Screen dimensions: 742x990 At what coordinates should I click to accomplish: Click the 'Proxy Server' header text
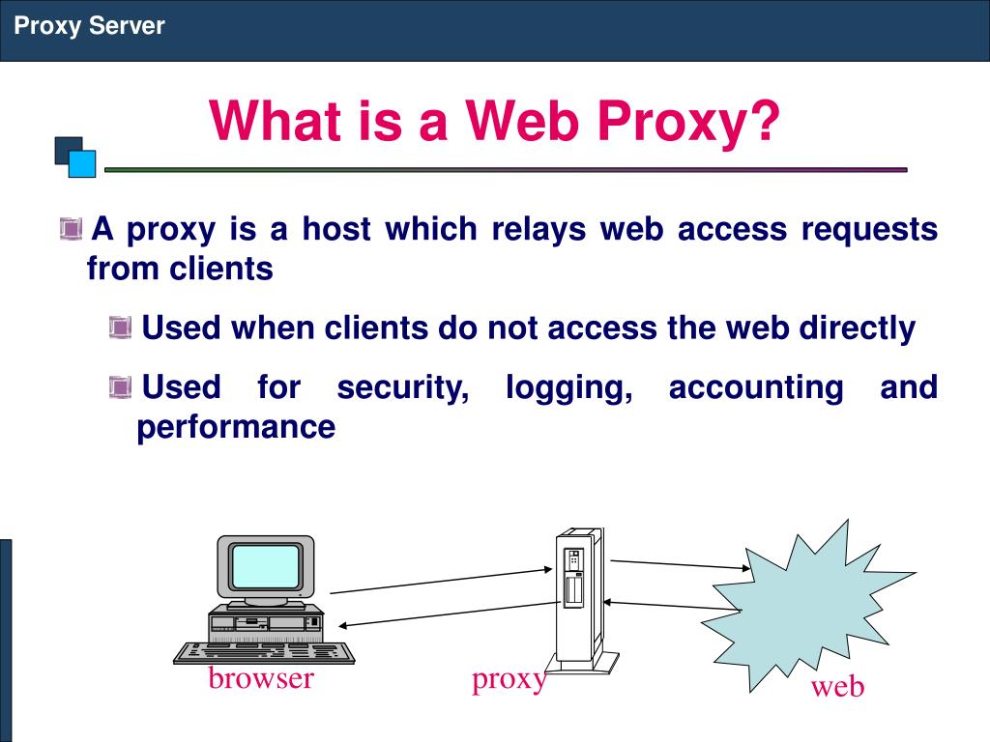pyautogui.click(x=89, y=26)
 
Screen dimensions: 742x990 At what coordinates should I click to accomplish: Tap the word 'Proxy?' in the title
pyautogui.click(x=687, y=124)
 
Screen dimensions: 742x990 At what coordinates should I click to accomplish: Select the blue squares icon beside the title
pyautogui.click(x=75, y=157)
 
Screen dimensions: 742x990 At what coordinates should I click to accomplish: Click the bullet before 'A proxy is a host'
pyautogui.click(x=70, y=230)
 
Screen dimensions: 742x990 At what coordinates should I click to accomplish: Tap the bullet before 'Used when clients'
pyautogui.click(x=120, y=329)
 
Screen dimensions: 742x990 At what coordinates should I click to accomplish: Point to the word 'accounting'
pyautogui.click(x=756, y=387)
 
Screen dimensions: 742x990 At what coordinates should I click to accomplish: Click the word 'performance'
pyautogui.click(x=236, y=426)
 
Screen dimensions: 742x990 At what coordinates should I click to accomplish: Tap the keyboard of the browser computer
pyautogui.click(x=263, y=653)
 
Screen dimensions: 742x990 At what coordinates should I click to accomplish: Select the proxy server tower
pyautogui.click(x=578, y=594)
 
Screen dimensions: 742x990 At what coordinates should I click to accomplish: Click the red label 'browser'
pyautogui.click(x=261, y=678)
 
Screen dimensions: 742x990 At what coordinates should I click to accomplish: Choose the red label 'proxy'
pyautogui.click(x=510, y=680)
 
